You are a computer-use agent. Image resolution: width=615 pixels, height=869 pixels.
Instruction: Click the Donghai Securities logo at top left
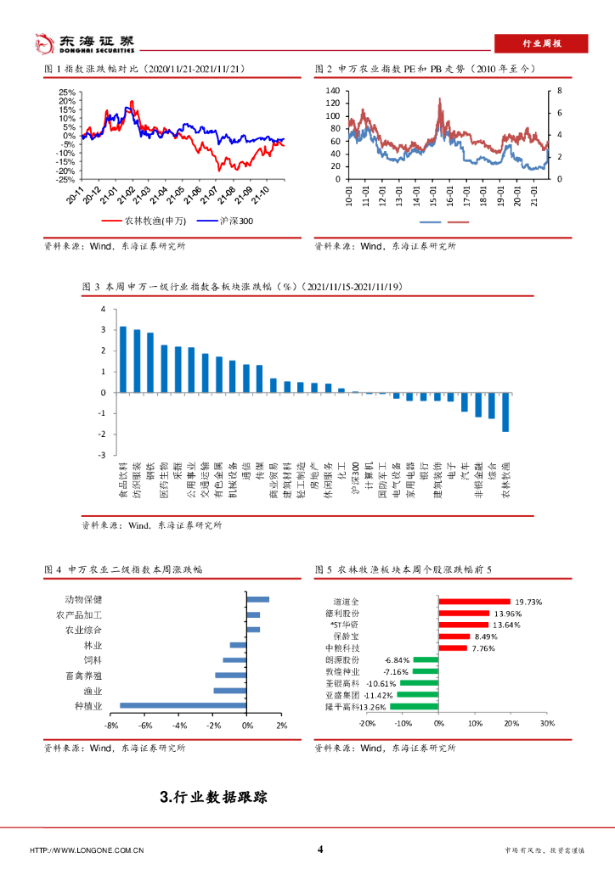82,42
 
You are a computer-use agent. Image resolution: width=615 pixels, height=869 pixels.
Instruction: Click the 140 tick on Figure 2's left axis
331,91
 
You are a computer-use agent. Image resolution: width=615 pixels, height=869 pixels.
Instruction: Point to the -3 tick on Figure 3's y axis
102,455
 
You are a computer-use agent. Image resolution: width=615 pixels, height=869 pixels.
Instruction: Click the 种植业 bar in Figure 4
183,704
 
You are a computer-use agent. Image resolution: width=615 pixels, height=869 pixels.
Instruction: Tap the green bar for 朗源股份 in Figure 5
426,659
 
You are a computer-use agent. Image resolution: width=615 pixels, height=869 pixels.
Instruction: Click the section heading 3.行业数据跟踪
213,798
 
